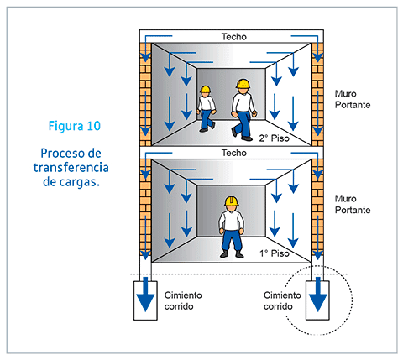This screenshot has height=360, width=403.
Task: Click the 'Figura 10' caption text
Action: (x=74, y=127)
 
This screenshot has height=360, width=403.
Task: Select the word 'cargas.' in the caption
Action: (x=79, y=181)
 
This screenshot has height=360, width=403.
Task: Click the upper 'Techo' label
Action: (x=233, y=37)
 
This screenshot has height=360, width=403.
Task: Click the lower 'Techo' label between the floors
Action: (x=233, y=153)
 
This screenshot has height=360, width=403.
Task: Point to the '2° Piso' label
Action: (x=274, y=138)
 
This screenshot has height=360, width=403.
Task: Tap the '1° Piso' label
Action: (x=274, y=252)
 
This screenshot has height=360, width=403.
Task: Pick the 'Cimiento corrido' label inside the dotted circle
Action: (x=282, y=300)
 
